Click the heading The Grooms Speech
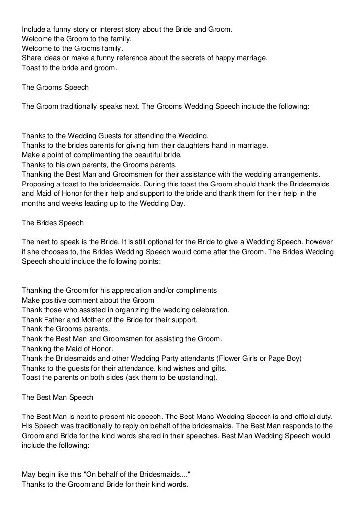point(55,88)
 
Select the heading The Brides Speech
point(53,223)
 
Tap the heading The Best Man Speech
point(58,397)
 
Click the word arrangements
point(293,174)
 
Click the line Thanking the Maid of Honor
point(67,348)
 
